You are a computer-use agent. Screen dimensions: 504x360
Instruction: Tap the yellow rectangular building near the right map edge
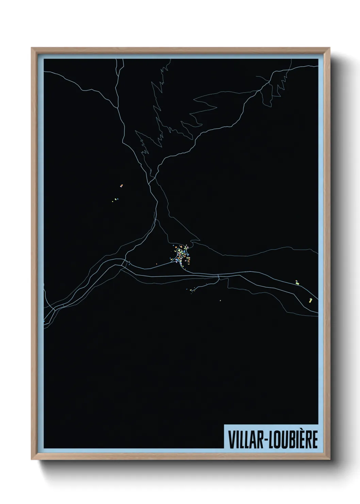coord(310,300)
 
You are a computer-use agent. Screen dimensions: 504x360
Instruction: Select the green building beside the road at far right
coord(297,282)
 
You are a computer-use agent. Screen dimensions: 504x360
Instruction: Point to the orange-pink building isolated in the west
coord(121,186)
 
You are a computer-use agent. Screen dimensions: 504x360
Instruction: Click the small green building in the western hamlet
coord(115,199)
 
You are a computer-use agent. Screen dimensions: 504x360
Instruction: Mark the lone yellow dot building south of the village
coord(220,300)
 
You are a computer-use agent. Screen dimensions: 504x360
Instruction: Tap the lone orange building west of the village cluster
coord(157,264)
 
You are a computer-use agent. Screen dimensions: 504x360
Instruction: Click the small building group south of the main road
coord(191,290)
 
